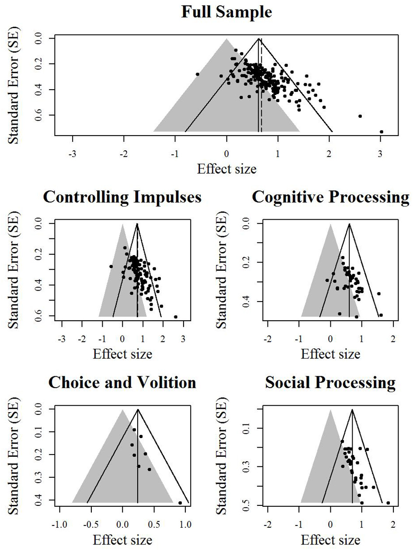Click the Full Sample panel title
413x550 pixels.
(x=226, y=12)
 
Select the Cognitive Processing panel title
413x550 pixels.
(x=330, y=197)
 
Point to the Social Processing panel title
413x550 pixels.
(x=330, y=382)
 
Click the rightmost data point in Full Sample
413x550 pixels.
(x=381, y=132)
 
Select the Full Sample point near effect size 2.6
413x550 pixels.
(x=360, y=116)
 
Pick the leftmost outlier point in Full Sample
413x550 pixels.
(x=198, y=74)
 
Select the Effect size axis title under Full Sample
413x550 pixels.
(x=226, y=168)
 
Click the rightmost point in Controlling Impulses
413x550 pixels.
(x=176, y=317)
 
